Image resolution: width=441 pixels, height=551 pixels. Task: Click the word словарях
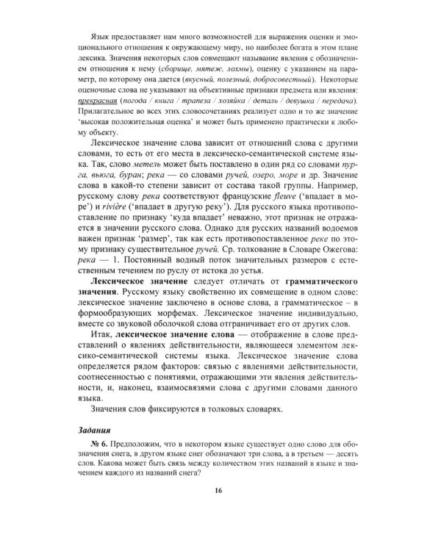click(x=238, y=407)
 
